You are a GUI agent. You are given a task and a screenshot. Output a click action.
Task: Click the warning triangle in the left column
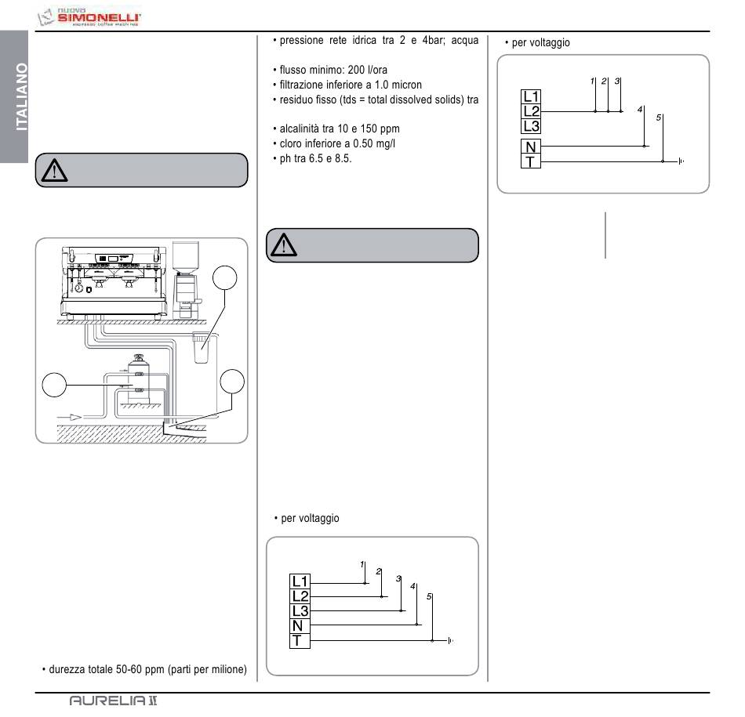(55, 170)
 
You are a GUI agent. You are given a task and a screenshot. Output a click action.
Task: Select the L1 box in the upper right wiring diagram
(531, 97)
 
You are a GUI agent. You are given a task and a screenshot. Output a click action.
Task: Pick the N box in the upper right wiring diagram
(531, 147)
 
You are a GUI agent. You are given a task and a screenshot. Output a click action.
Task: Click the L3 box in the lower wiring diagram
(300, 611)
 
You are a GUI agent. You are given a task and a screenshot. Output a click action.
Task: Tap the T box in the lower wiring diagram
(300, 641)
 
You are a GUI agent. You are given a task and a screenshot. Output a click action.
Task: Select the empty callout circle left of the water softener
(53, 385)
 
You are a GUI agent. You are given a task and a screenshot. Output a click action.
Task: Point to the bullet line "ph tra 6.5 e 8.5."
(312, 159)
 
